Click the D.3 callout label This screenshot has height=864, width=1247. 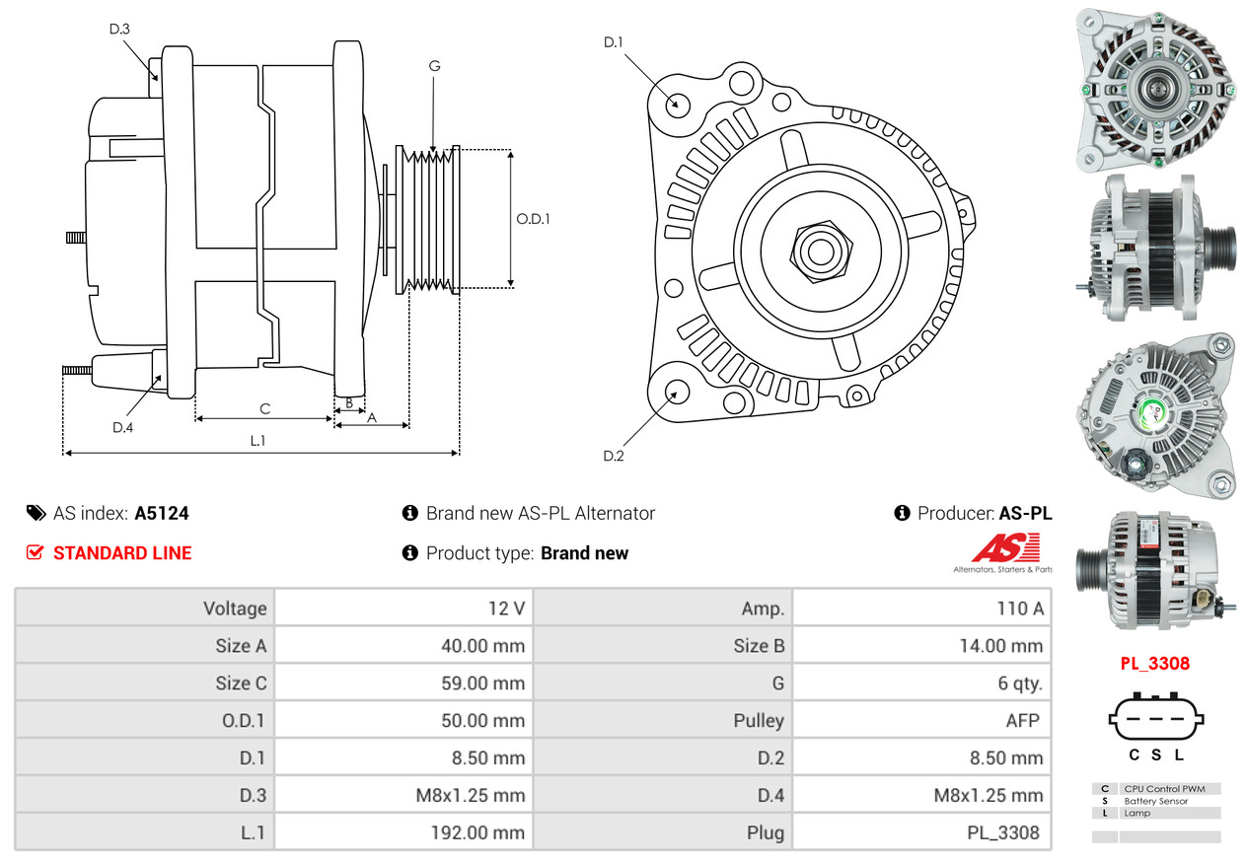click(x=119, y=29)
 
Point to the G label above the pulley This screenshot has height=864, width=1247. click(x=434, y=66)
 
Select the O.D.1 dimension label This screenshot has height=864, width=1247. click(x=533, y=219)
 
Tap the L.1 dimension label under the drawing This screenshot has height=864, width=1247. click(x=257, y=441)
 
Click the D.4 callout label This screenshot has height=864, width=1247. click(x=122, y=427)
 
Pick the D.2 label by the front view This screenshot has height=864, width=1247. click(x=614, y=456)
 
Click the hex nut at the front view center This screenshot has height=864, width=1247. click(x=818, y=251)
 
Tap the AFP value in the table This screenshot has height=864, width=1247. click(x=1022, y=721)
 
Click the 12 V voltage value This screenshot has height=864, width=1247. click(x=506, y=609)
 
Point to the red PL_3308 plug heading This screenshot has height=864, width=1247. click(x=1154, y=664)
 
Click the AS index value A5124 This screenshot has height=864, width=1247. click(x=162, y=513)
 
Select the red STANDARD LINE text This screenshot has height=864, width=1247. click(x=122, y=553)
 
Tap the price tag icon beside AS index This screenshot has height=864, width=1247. click(x=36, y=513)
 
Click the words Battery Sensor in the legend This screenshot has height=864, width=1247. click(x=1156, y=801)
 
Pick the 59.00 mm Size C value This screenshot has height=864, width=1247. click(x=481, y=684)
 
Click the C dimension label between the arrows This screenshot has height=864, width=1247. click(x=264, y=409)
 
